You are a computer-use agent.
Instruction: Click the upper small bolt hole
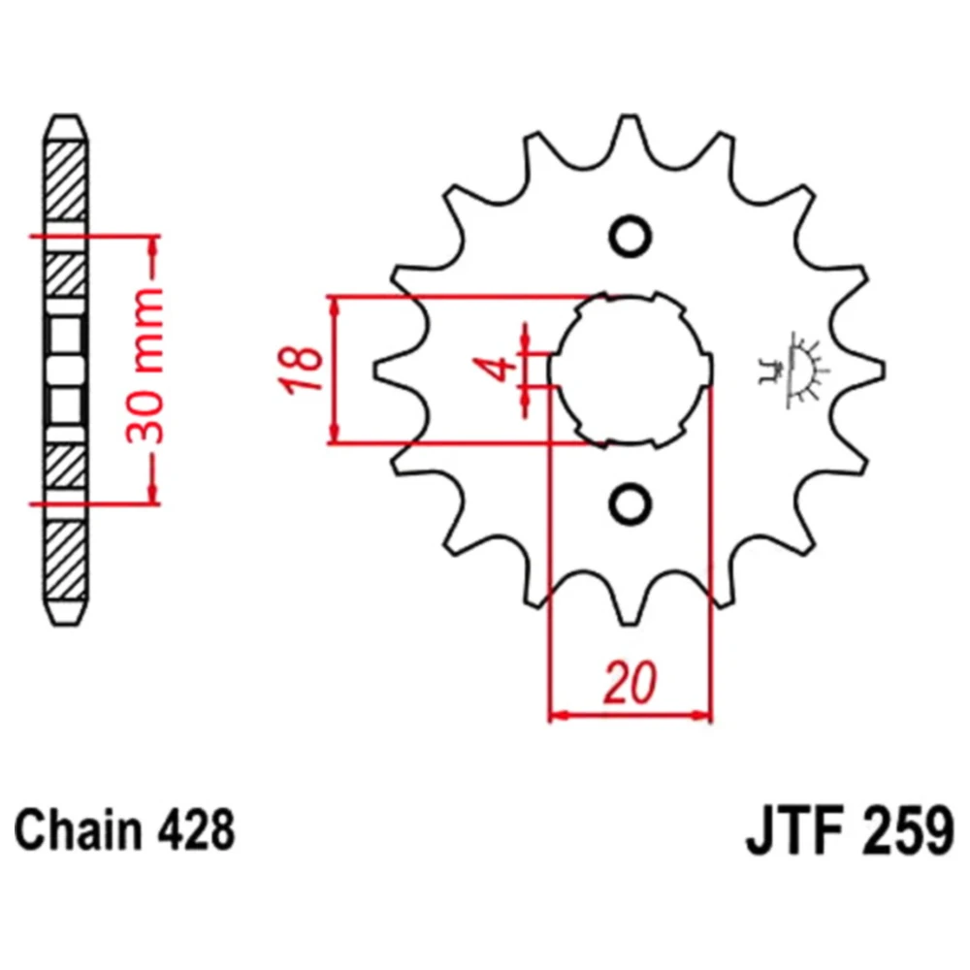tap(630, 236)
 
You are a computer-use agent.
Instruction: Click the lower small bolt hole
tap(630, 502)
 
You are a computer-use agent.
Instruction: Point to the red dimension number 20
tap(630, 683)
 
